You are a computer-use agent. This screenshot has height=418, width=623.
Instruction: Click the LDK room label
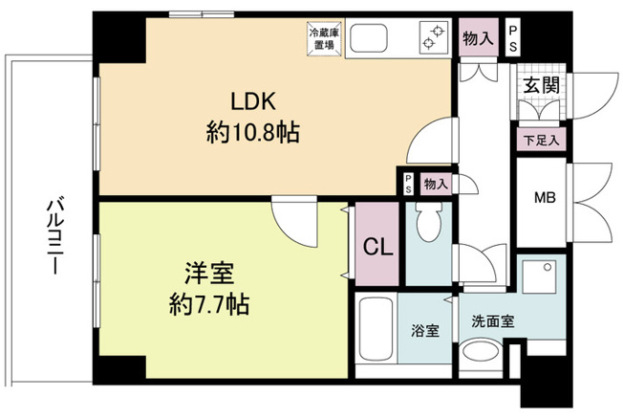253,101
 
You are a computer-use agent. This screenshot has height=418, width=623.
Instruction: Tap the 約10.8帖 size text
252,132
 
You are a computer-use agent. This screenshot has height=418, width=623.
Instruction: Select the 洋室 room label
209,274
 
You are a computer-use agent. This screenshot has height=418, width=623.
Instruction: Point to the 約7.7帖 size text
209,304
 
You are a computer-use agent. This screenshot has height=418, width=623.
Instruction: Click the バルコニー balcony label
54,235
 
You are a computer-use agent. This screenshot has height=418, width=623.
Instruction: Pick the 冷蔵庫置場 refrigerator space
324,39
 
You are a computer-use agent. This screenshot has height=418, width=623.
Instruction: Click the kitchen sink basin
369,38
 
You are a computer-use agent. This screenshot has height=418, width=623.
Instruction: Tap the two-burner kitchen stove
433,37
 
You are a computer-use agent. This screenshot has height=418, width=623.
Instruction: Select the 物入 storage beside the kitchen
479,38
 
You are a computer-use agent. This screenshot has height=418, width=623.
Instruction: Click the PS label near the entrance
513,39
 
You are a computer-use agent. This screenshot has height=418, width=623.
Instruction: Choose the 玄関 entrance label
541,85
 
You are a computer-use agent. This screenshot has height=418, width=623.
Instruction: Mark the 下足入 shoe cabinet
541,140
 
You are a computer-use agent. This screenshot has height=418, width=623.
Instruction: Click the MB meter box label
545,197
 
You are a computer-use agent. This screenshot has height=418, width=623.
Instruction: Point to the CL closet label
377,248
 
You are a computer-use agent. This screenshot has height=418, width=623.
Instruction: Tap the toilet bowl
429,222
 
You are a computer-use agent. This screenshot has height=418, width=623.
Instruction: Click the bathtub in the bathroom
376,329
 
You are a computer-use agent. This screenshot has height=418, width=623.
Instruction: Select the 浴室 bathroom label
425,330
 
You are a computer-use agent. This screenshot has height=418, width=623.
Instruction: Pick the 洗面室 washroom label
493,321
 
